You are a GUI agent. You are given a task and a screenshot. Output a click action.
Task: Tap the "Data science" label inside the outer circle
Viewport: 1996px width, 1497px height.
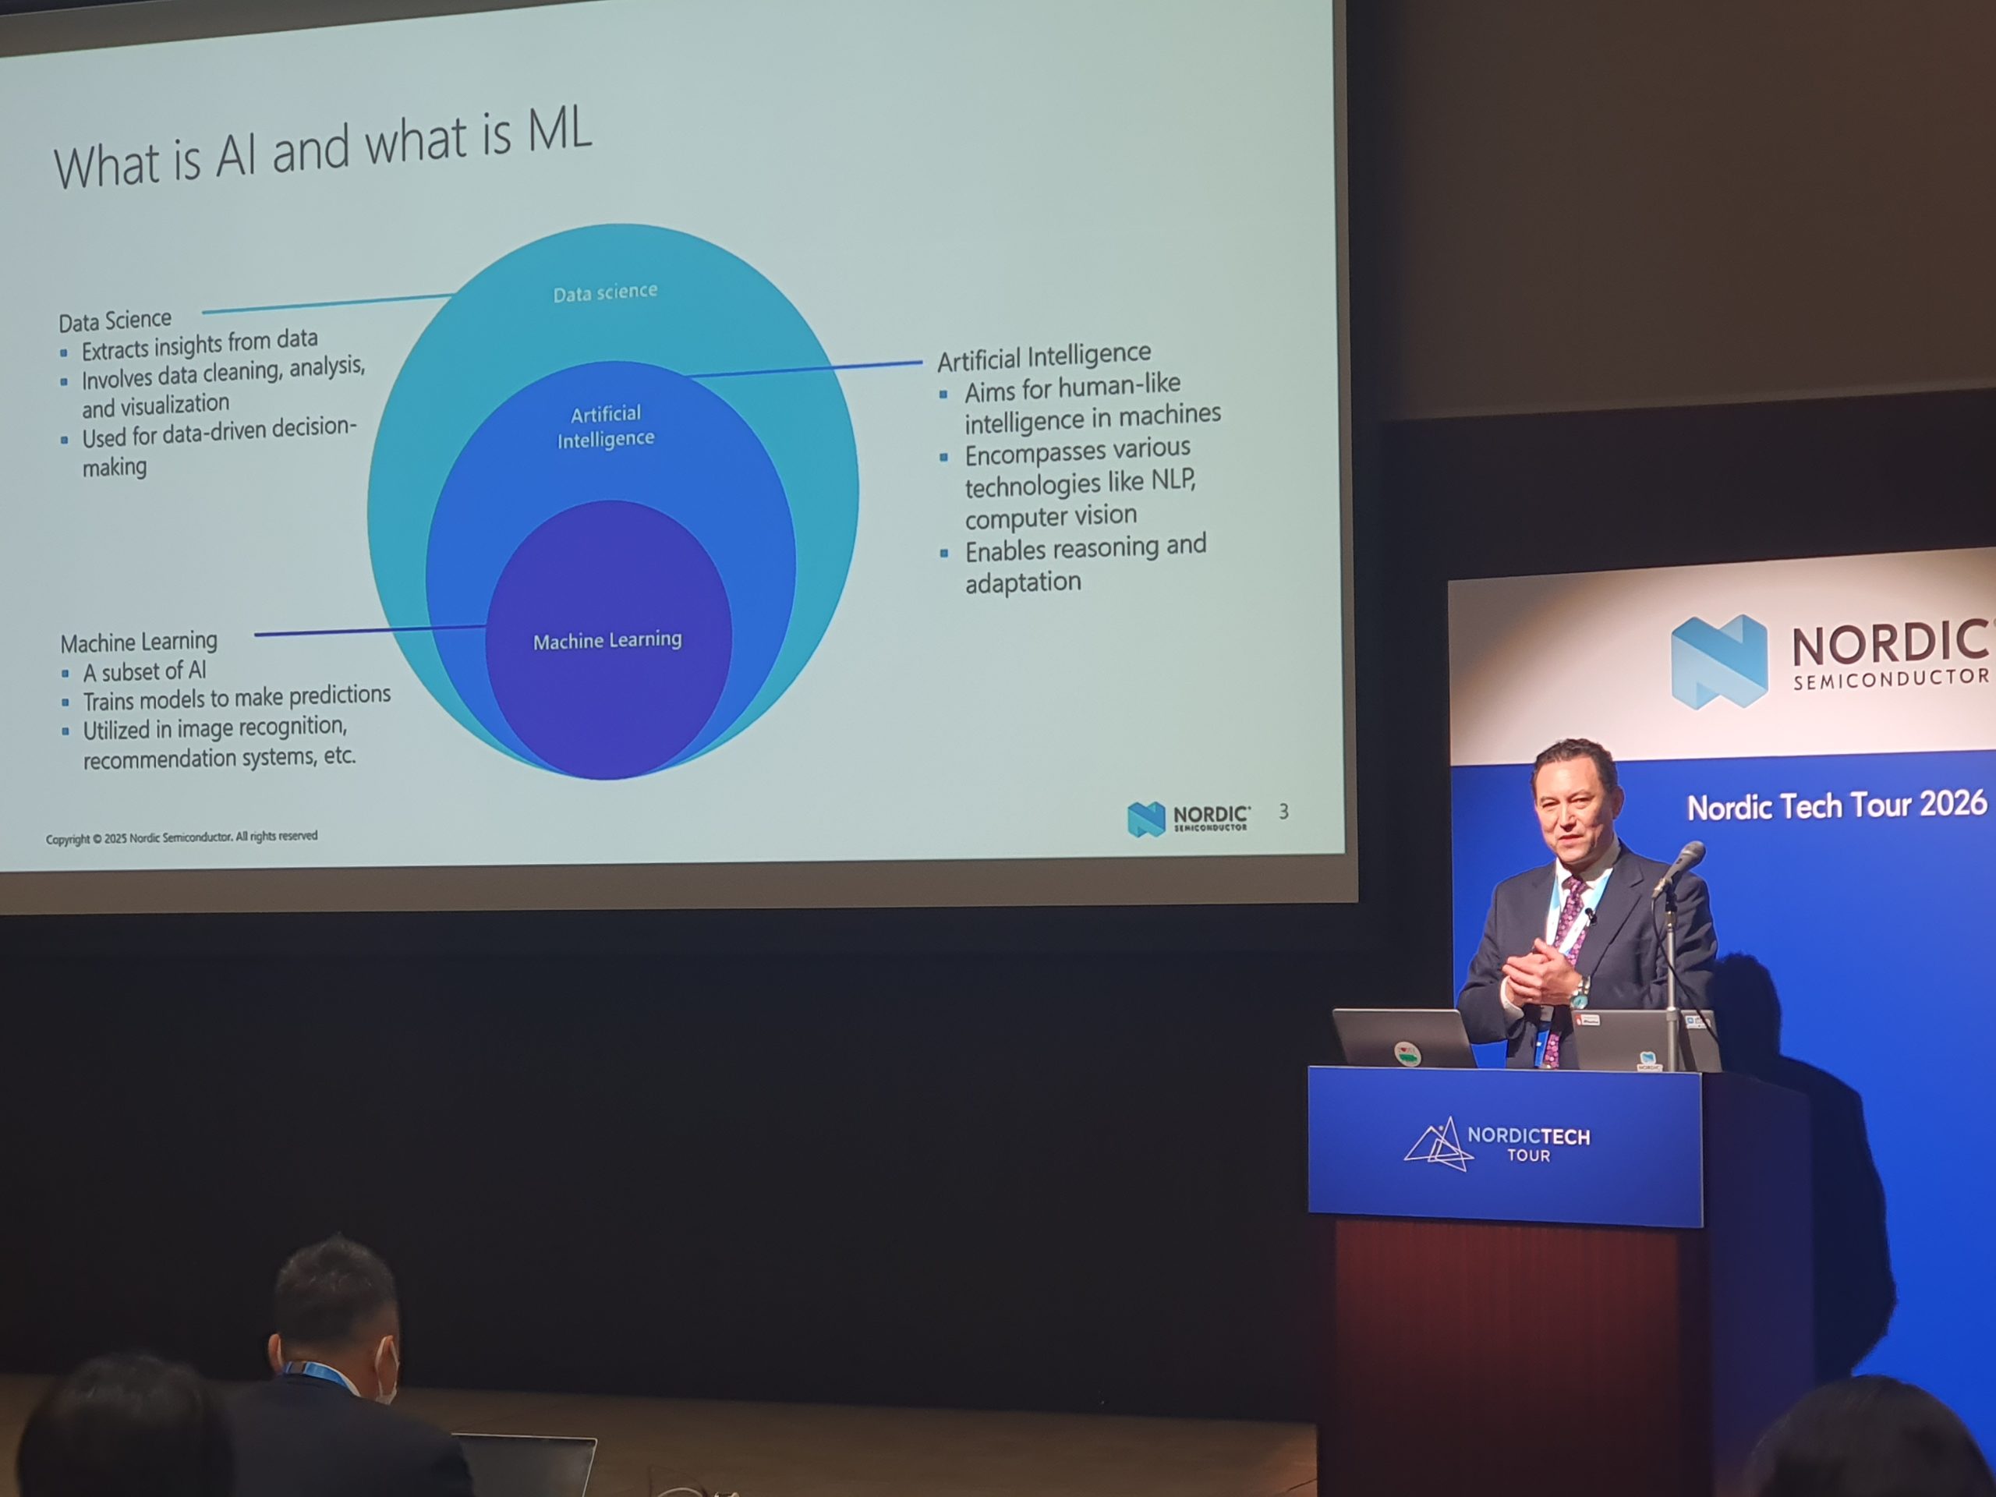606,292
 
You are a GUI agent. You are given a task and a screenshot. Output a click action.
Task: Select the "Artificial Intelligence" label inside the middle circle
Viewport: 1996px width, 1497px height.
606,426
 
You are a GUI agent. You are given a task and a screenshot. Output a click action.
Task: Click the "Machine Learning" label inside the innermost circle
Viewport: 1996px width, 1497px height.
607,641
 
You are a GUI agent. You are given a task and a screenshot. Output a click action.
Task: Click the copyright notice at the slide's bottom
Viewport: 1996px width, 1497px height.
182,837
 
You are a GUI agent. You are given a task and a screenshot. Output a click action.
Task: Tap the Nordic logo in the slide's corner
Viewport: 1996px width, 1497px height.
1187,818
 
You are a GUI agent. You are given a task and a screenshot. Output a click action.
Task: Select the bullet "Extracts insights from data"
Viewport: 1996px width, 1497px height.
200,344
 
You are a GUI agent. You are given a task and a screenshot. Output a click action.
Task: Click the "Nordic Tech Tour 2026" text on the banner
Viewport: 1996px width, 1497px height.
1837,805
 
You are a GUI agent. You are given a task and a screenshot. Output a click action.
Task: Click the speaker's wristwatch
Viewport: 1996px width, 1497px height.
1580,993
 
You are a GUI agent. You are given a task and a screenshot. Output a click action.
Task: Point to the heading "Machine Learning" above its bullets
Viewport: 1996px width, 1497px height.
139,642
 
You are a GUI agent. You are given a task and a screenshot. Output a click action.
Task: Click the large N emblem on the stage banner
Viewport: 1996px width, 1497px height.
1719,661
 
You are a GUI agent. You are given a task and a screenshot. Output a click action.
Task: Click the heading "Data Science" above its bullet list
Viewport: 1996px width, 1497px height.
115,320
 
